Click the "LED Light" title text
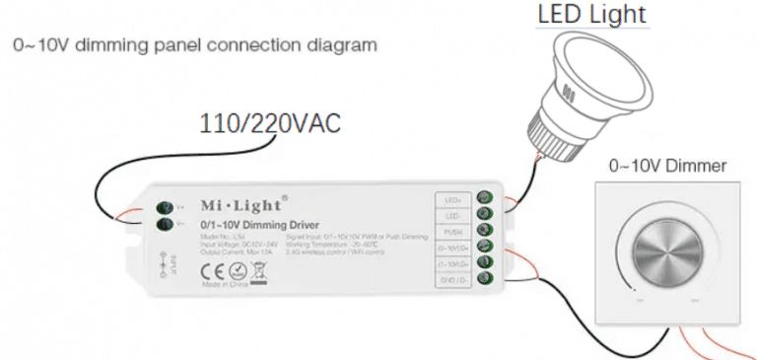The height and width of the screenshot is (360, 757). (x=591, y=16)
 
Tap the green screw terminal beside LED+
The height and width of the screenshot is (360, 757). (x=484, y=198)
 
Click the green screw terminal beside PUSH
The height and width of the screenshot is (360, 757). (x=484, y=231)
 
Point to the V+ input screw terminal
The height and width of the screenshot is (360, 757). (x=166, y=207)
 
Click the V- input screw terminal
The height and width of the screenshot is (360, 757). (x=166, y=224)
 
